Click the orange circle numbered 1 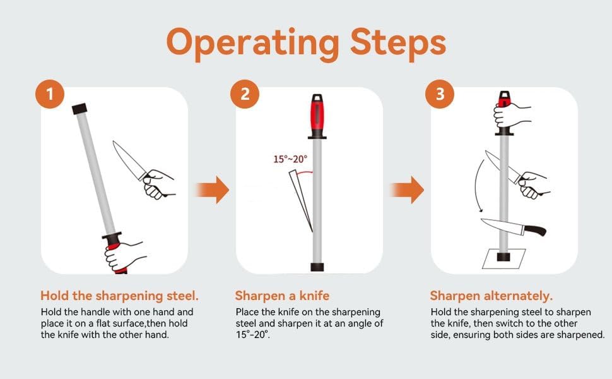50,94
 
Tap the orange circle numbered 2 245,94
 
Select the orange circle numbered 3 440,94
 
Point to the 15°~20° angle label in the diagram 290,159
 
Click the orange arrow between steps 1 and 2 213,190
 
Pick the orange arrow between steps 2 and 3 407,190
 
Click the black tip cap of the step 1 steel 79,109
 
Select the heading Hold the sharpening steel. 119,296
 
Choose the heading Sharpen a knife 282,296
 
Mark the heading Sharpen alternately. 491,296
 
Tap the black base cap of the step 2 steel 317,267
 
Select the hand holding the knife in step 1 158,184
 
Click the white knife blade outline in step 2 302,202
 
